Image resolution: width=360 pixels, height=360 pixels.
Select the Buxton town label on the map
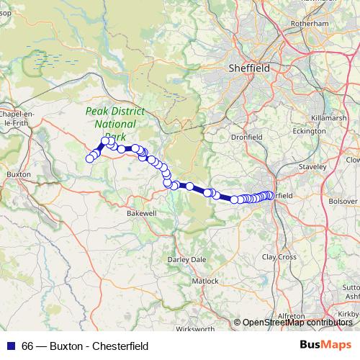pyautogui.click(x=17, y=174)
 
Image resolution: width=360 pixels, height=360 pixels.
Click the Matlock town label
pyautogui.click(x=205, y=280)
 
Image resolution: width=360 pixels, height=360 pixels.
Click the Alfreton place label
pyautogui.click(x=292, y=316)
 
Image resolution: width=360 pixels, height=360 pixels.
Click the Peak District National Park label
pyautogui.click(x=114, y=123)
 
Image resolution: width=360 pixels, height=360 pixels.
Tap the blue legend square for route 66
pyautogui.click(x=9, y=346)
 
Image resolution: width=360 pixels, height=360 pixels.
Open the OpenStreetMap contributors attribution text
pyautogui.click(x=297, y=323)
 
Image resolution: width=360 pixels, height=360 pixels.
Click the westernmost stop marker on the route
pyautogui.click(x=90, y=159)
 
